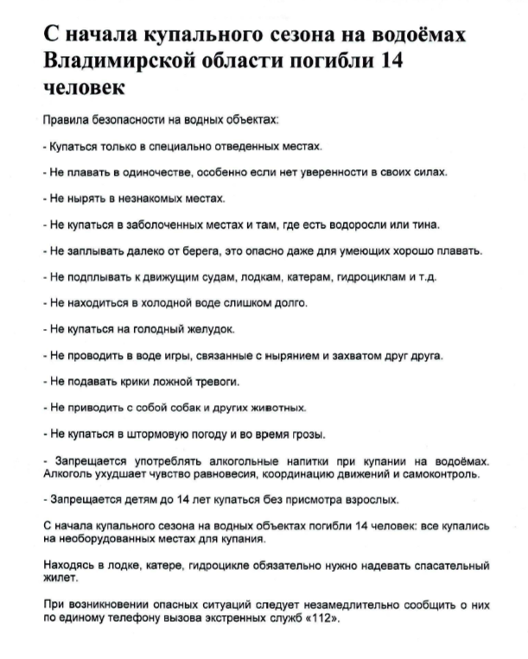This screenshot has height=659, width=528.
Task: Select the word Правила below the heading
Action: coord(63,123)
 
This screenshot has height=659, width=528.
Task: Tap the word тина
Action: coord(425,225)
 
